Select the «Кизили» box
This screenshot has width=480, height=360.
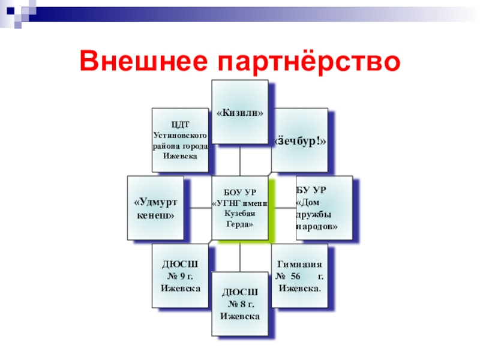240,112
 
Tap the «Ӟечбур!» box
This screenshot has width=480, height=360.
299,140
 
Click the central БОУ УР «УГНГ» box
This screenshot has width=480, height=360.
239,208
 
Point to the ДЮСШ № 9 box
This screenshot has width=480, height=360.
180,275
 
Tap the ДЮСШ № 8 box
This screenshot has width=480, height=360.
240,303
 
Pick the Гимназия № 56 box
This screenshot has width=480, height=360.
299,275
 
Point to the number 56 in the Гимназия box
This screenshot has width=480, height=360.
295,276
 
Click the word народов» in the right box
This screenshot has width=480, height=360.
317,227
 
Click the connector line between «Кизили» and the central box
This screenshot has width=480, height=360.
239,160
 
